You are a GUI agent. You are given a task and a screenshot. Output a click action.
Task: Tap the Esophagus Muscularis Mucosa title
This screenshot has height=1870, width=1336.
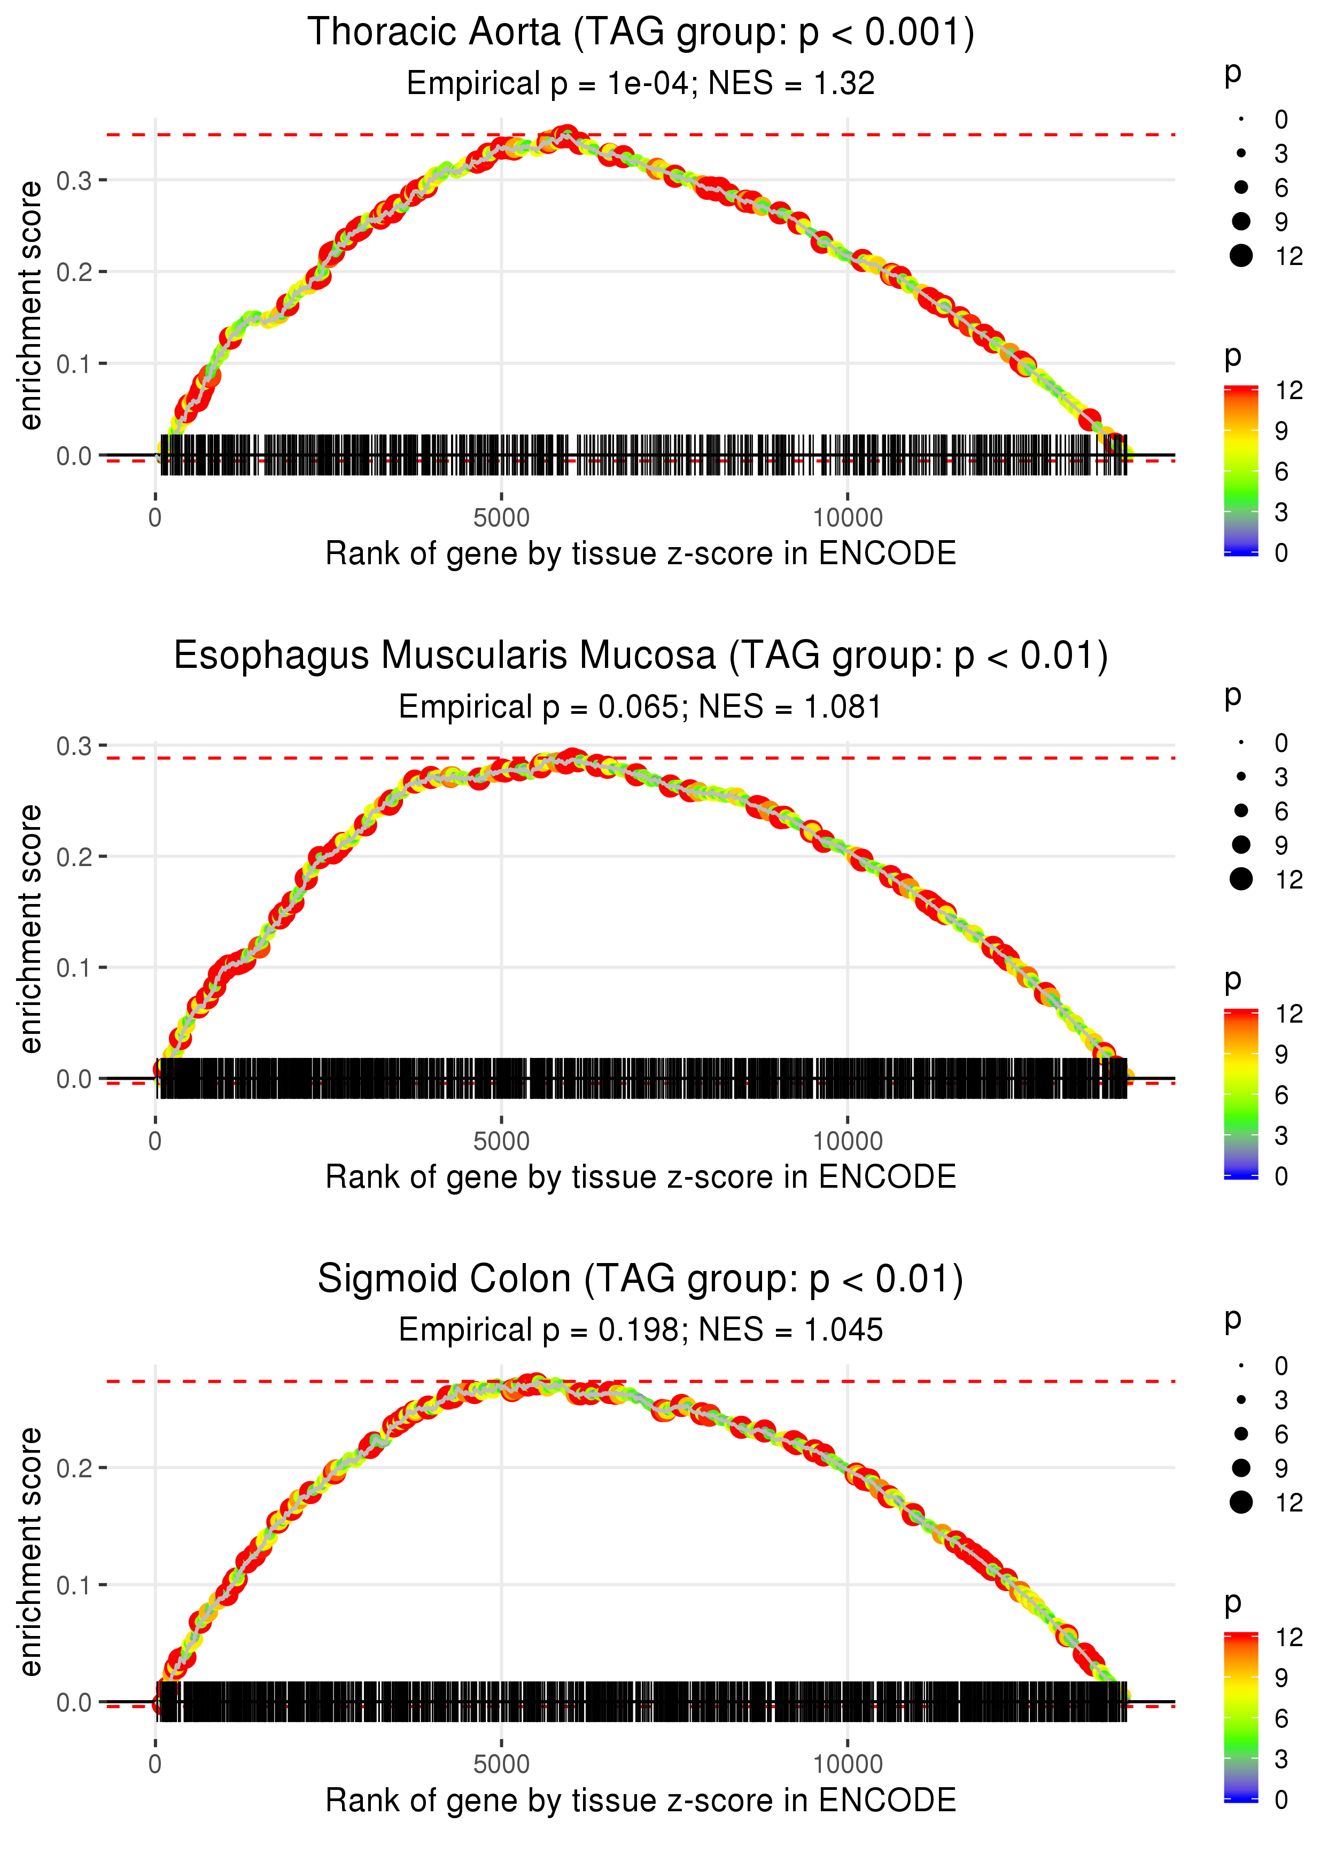640,656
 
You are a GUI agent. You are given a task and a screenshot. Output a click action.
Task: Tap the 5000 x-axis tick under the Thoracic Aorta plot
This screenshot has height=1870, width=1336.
501,518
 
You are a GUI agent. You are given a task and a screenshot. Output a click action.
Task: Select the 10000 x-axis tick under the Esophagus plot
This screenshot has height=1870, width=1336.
848,1141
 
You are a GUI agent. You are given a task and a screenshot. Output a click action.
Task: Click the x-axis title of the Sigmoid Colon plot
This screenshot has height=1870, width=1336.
640,1800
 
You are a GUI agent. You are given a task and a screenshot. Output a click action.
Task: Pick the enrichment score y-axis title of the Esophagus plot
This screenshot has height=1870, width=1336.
30,929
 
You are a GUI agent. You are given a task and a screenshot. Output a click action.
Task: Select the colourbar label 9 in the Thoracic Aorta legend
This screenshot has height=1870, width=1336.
1281,431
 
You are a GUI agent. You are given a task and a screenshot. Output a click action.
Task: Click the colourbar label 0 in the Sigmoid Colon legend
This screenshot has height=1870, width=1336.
1281,1799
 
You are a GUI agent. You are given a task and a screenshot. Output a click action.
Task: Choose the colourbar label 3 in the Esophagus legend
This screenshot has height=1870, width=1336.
1281,1136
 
